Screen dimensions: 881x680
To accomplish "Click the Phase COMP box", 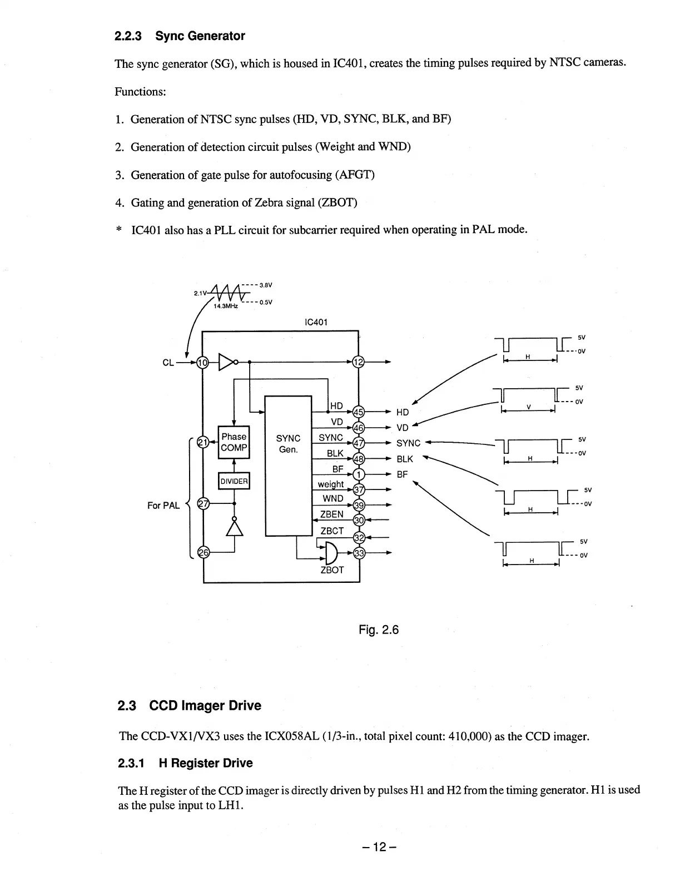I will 234,443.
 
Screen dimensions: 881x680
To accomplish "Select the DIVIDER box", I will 234,481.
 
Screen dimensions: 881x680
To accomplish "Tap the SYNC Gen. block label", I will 288,443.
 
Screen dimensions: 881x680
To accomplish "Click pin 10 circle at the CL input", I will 203,363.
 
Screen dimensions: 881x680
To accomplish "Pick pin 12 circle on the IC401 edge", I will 359,363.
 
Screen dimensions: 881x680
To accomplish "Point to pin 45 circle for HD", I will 359,412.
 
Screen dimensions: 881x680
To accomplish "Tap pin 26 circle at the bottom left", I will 203,552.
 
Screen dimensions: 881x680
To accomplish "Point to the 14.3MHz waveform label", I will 226,306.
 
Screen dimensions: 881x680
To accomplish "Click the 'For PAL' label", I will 163,506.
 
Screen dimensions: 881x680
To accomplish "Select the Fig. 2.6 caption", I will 379,630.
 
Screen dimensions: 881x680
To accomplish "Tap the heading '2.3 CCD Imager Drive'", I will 190,706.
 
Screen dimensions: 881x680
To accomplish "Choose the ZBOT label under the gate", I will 332,570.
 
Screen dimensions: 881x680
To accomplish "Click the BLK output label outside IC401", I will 405,459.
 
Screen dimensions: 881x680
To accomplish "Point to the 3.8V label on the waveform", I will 265,285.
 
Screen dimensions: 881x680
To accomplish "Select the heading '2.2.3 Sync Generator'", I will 180,36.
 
